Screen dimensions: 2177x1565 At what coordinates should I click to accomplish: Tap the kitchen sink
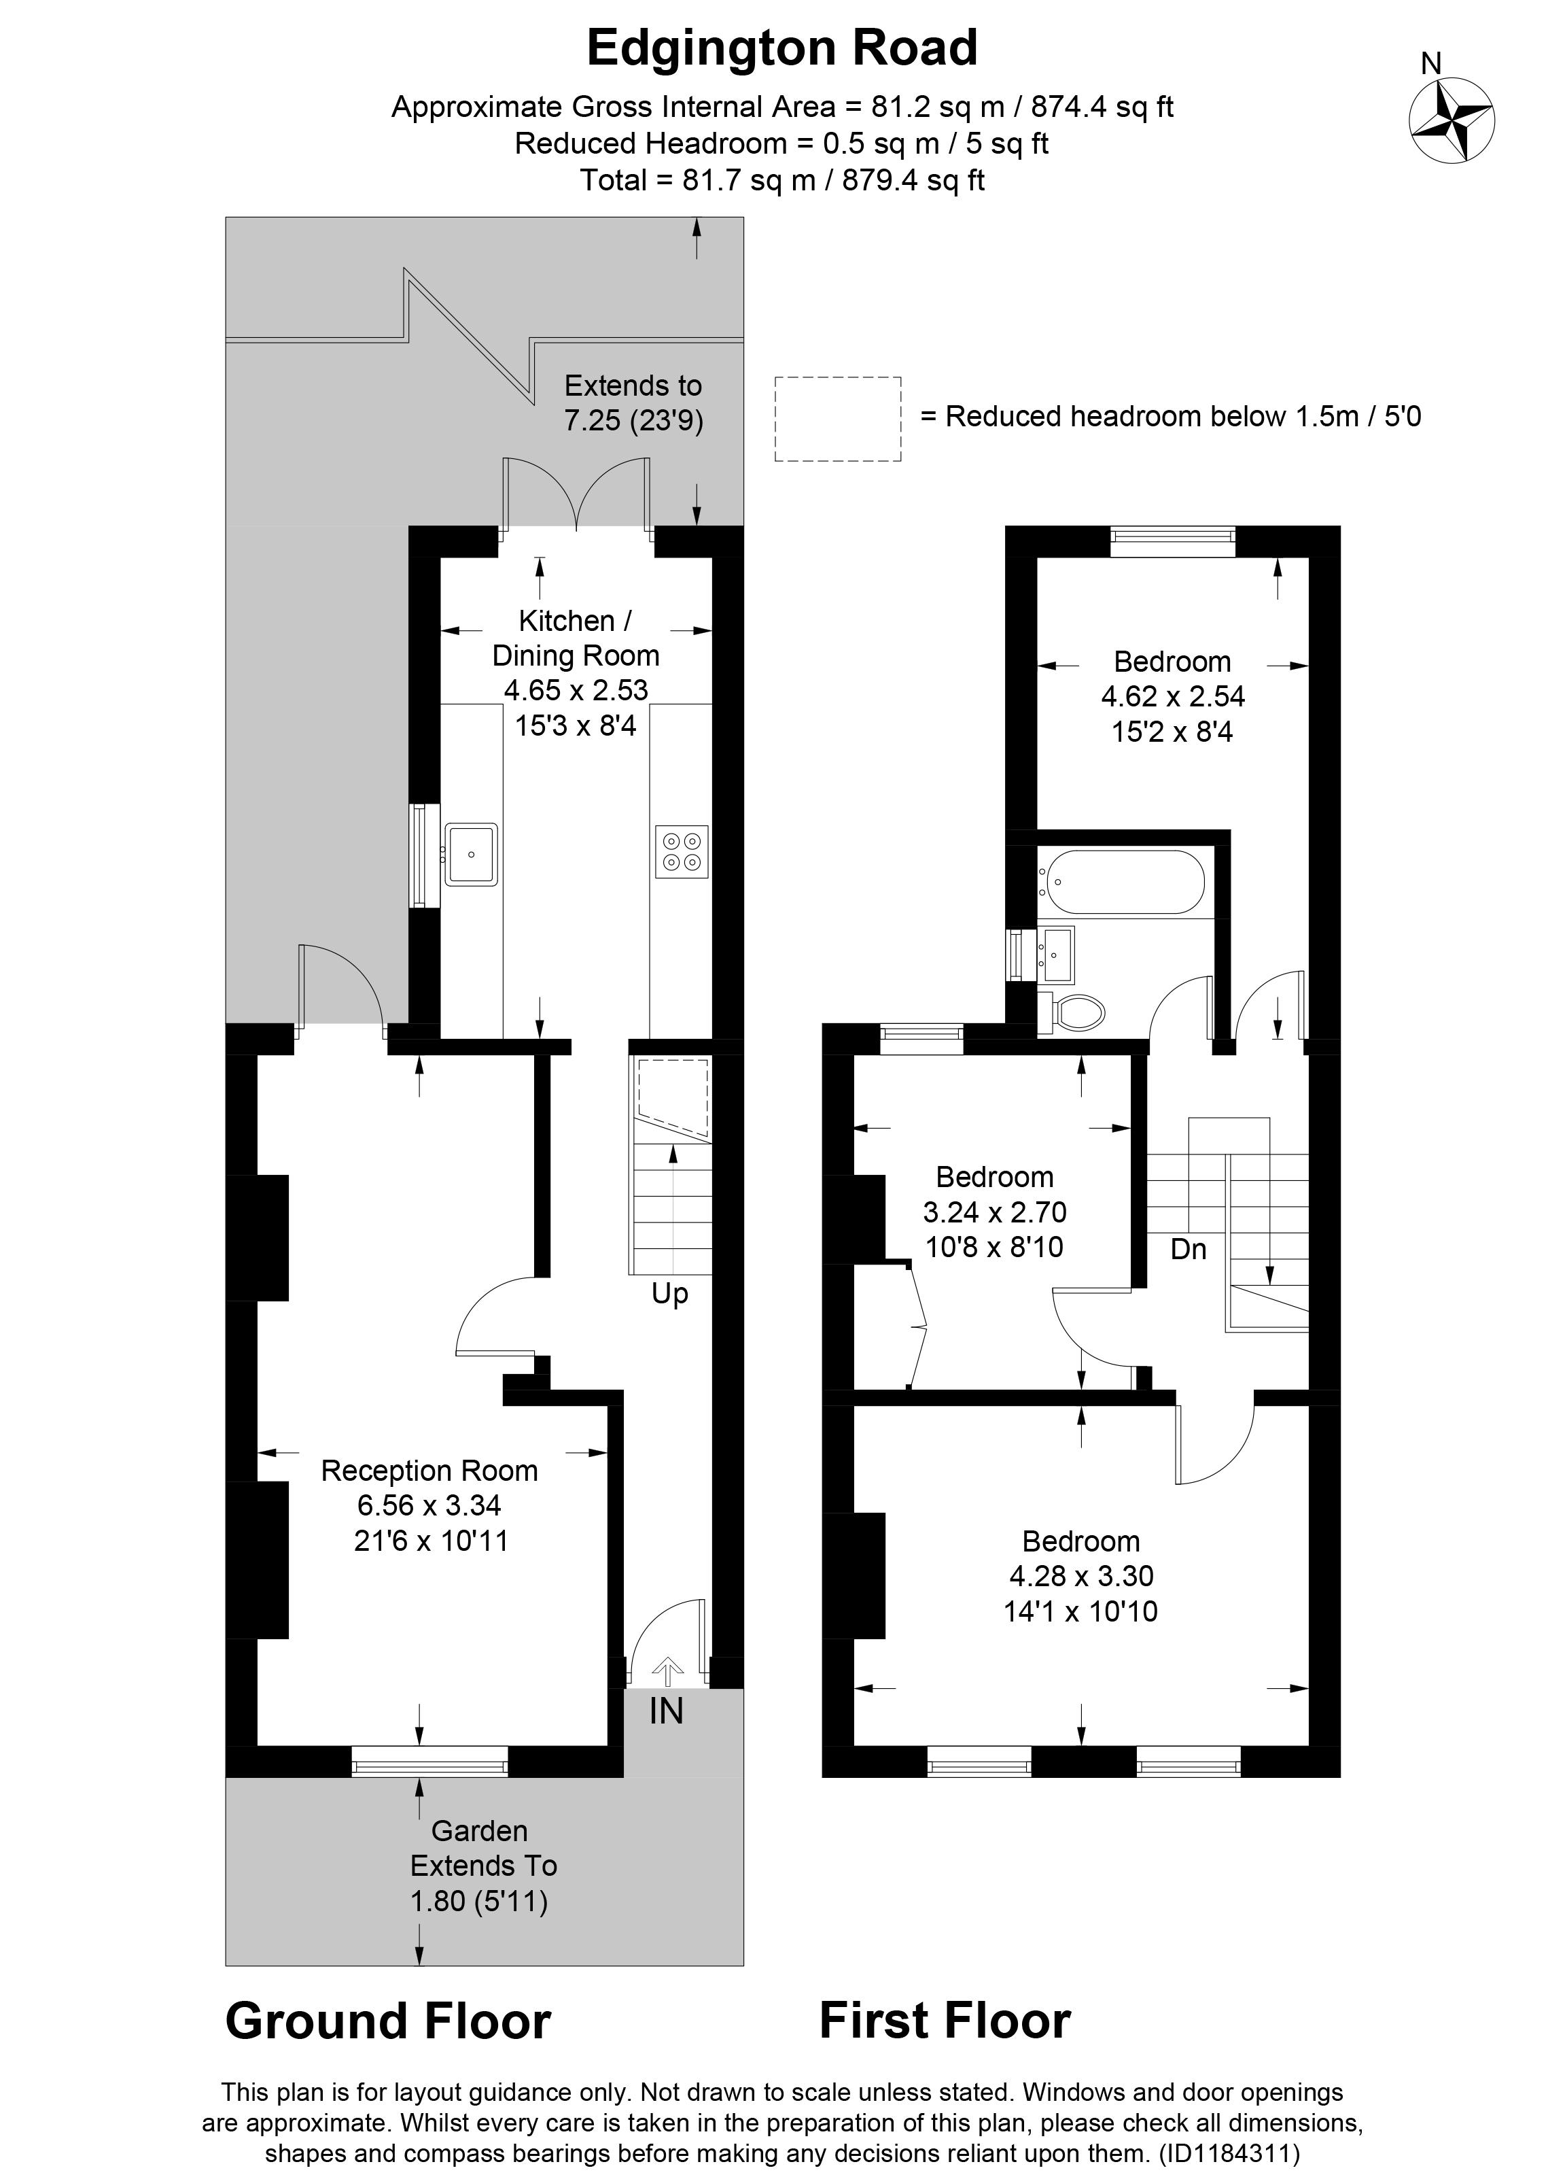(470, 853)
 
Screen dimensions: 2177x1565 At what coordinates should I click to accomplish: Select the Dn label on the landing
(1188, 1249)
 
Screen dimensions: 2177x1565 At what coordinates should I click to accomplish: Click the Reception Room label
(429, 1471)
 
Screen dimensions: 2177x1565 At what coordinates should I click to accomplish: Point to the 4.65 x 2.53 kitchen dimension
(576, 690)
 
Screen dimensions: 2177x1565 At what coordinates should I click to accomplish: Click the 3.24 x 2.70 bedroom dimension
(994, 1212)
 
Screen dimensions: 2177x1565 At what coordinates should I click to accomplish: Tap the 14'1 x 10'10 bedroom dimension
(1080, 1611)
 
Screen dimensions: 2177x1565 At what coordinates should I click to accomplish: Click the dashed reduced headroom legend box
(838, 419)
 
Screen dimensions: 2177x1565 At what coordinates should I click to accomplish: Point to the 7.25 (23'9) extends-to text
(633, 420)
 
